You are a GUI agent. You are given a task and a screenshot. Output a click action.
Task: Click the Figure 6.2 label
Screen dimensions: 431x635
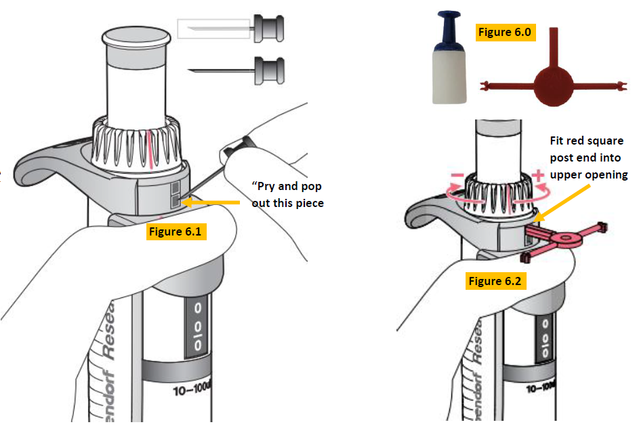pyautogui.click(x=497, y=280)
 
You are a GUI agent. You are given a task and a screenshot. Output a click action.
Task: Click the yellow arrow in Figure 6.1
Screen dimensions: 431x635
pyautogui.click(x=213, y=202)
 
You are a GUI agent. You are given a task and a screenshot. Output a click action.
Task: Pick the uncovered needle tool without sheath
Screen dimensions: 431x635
pyautogui.click(x=237, y=68)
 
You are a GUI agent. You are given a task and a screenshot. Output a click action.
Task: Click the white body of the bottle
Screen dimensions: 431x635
pyautogui.click(x=449, y=78)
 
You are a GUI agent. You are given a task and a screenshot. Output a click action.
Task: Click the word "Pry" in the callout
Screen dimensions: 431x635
pyautogui.click(x=268, y=187)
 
